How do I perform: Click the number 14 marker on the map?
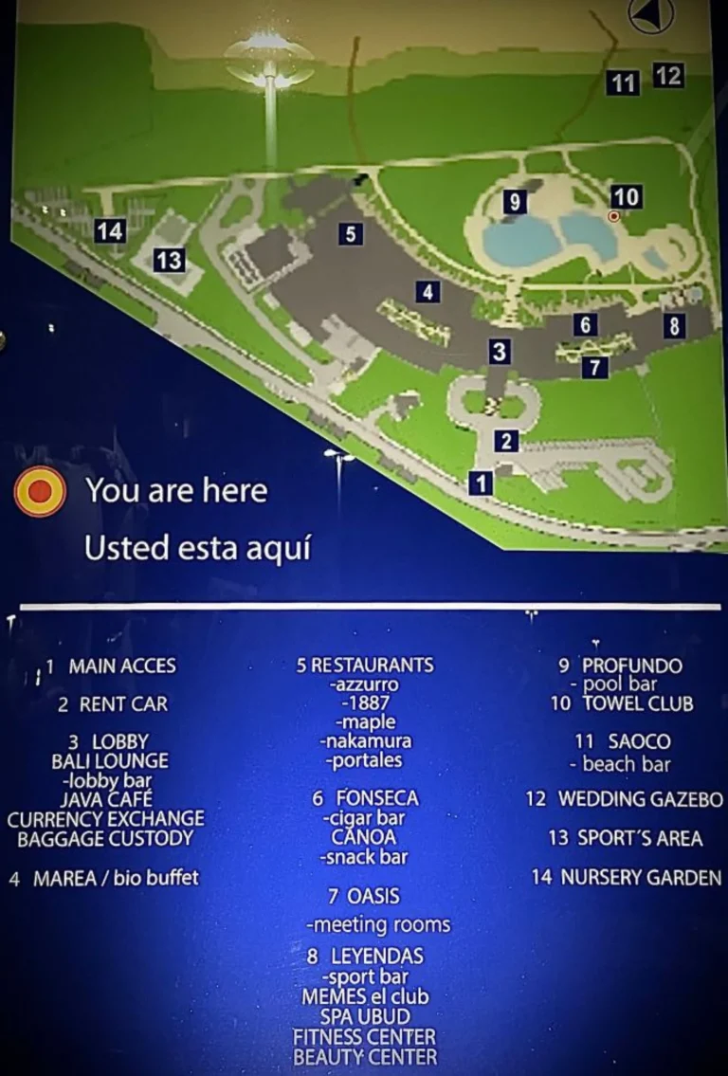tap(110, 230)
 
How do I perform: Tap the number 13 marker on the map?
tap(169, 259)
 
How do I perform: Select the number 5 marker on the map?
tap(351, 233)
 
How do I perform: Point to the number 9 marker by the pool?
tap(514, 202)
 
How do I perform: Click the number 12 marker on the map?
tap(668, 75)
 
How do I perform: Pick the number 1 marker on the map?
tap(482, 483)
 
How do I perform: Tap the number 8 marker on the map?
tap(673, 326)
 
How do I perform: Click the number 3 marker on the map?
tap(499, 353)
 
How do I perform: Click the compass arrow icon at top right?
tap(651, 16)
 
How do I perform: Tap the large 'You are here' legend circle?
tap(40, 491)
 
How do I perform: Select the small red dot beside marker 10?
tap(613, 217)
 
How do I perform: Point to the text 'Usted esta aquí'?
tap(198, 548)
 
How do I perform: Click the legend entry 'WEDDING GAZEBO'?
tap(640, 799)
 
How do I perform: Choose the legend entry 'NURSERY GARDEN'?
tap(641, 878)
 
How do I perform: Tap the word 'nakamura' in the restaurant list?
tap(365, 741)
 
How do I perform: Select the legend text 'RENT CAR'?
tap(123, 704)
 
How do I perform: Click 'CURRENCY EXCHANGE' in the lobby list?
tap(105, 818)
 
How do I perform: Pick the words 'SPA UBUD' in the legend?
tap(365, 1016)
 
